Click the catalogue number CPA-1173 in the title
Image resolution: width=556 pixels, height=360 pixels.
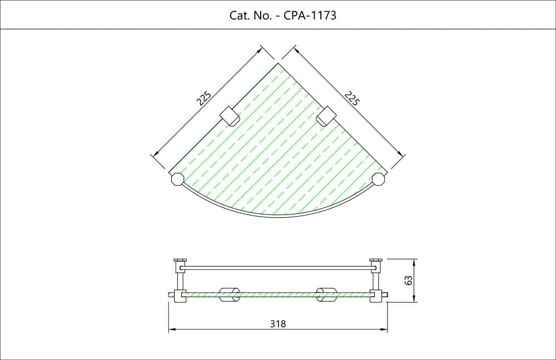(310, 15)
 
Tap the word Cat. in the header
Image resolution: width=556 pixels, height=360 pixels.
(239, 15)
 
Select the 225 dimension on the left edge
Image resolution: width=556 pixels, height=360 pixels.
(204, 98)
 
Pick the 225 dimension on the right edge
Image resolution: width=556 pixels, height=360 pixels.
(352, 98)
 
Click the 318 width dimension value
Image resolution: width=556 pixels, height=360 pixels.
(277, 324)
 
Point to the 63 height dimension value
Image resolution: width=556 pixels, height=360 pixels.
(408, 280)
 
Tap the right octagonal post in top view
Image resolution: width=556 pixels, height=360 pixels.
(379, 179)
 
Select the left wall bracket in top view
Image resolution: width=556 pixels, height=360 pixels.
(229, 116)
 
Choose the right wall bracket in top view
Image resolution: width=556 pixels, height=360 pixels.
(326, 116)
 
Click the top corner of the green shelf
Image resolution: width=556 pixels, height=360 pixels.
(278, 63)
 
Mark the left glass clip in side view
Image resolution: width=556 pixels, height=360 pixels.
(229, 294)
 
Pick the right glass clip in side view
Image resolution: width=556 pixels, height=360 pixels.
(326, 294)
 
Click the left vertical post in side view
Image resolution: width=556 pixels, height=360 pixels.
(180, 281)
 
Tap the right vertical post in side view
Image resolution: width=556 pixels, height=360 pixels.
(376, 281)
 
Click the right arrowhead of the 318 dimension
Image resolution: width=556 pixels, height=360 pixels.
(384, 329)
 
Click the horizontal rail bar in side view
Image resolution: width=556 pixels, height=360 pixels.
(277, 268)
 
